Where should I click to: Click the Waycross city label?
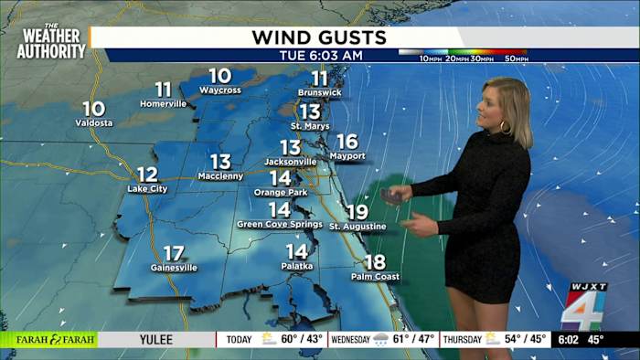(x=219, y=90)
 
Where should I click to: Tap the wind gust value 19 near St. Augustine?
(x=357, y=212)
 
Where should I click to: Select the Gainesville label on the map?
(x=174, y=268)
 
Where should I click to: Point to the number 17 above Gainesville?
(x=174, y=253)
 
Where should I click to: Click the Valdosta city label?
(x=94, y=122)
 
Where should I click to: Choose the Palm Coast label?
(x=375, y=277)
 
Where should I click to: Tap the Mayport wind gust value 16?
(x=347, y=142)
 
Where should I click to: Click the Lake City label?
(x=147, y=188)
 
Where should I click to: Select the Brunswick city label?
(x=319, y=93)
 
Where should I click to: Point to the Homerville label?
(x=163, y=103)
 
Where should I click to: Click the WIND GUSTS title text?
(x=319, y=37)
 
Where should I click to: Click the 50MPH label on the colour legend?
(x=516, y=58)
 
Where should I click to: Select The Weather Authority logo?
(x=51, y=42)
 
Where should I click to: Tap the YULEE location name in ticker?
(x=156, y=339)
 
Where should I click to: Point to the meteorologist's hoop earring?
(x=503, y=128)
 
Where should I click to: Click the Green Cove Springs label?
(x=280, y=224)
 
